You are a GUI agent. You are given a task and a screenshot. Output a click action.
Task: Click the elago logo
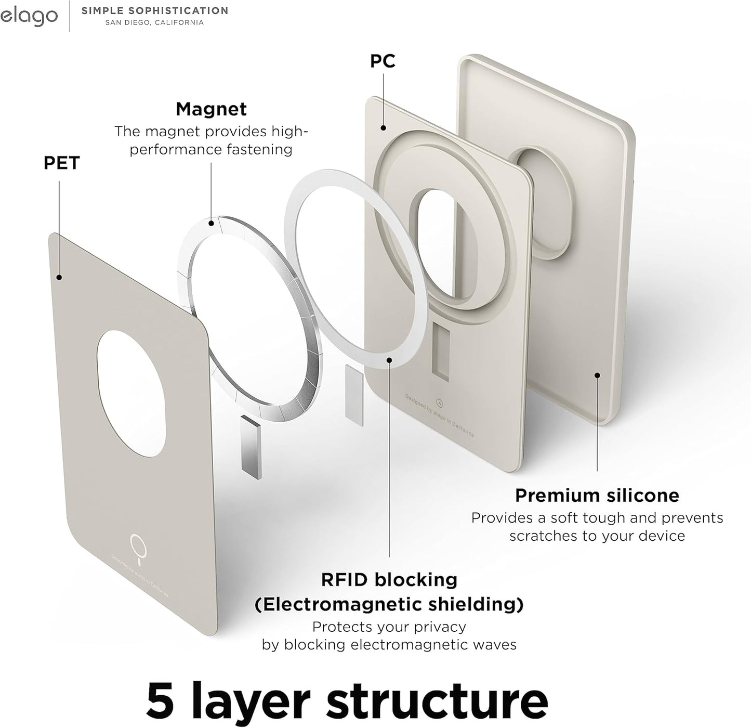point(29,17)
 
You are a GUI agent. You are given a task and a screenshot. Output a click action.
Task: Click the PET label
point(61,163)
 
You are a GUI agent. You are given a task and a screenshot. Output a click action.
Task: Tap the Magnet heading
point(211,109)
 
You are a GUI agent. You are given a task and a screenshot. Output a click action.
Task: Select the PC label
point(383,61)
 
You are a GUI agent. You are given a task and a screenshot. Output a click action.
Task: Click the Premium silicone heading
point(597,496)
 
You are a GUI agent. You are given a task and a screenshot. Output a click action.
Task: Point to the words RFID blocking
point(389,579)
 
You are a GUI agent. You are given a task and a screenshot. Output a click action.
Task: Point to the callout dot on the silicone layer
point(597,375)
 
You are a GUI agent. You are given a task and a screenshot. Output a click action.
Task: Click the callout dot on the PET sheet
point(59,278)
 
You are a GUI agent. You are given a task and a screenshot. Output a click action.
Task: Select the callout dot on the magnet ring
point(211,224)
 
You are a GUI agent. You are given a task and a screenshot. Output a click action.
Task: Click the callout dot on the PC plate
point(383,127)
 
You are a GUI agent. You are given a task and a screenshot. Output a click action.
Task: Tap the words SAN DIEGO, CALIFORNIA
point(154,23)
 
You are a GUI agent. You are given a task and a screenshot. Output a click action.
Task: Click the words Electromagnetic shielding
point(389,604)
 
